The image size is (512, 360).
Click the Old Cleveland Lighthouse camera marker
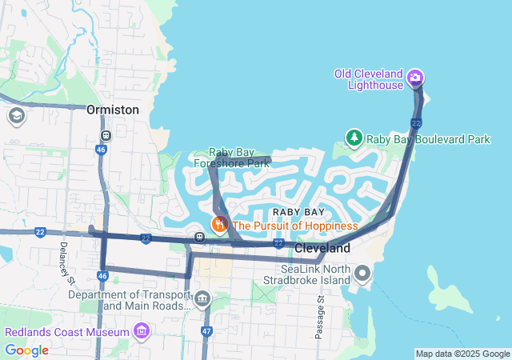tap(415, 77)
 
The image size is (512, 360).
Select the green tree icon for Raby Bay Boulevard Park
tap(354, 138)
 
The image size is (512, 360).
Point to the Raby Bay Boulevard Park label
tap(428, 139)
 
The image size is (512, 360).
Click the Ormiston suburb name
tap(113, 110)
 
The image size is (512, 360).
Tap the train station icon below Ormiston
tap(106, 134)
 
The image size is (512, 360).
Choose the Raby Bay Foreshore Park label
tap(231, 157)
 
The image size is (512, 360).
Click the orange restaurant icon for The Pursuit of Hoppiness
tap(218, 225)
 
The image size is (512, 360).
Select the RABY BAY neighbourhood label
tap(298, 212)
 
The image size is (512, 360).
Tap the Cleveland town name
tap(322, 249)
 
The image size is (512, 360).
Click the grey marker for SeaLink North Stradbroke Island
tap(362, 274)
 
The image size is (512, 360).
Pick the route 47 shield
tap(206, 330)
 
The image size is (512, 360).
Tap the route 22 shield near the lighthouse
tap(416, 122)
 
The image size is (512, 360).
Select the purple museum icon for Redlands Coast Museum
tap(142, 331)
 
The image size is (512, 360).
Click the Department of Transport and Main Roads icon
tap(202, 301)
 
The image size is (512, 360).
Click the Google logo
tap(26, 350)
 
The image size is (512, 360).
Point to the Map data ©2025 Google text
tap(462, 354)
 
